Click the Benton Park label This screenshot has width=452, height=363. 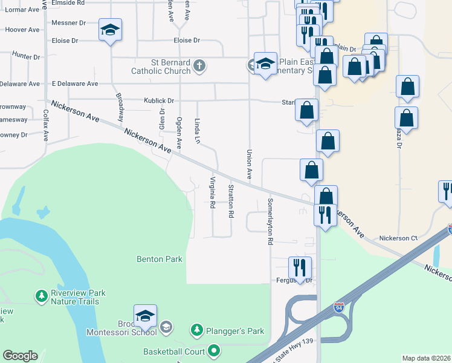tap(160, 259)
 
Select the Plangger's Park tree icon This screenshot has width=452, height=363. tap(196, 330)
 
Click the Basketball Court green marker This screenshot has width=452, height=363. tap(213, 350)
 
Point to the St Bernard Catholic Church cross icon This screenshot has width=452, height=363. tap(200, 67)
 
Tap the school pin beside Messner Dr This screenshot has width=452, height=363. tap(111, 30)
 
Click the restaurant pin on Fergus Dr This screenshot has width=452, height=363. tap(300, 267)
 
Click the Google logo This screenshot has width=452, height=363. tap(20, 356)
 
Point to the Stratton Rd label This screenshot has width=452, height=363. tap(230, 201)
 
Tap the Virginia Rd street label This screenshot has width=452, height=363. tap(212, 192)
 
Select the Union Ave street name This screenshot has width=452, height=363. tap(248, 164)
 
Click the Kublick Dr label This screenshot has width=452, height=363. tap(158, 100)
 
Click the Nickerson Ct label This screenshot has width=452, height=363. tap(398, 238)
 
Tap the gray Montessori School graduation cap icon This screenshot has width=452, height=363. tap(166, 328)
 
